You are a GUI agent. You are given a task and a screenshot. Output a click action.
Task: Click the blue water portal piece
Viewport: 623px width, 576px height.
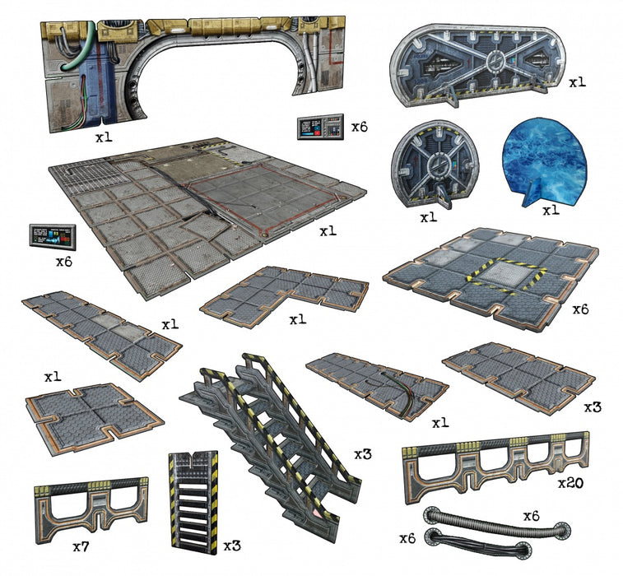pos(544,163)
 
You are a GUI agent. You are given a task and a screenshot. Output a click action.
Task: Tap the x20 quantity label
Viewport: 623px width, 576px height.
pos(570,483)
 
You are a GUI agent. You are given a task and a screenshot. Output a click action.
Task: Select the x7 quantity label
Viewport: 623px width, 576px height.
pos(81,546)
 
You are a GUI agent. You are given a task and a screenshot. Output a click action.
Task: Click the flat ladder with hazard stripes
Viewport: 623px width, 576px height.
pos(194,502)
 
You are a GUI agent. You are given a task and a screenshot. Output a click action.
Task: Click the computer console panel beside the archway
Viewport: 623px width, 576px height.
pos(320,128)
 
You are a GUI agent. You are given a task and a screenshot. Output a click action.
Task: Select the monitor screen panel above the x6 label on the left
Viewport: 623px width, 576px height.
pos(53,237)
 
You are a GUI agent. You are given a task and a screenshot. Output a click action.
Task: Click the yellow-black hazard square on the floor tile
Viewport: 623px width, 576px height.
pos(502,276)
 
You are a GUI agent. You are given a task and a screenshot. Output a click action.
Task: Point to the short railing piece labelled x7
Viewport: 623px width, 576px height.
pos(91,509)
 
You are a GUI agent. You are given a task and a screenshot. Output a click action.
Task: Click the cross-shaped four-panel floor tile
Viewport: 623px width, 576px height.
pos(94,418)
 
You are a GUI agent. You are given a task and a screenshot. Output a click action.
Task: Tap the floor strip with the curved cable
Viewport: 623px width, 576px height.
pos(377,386)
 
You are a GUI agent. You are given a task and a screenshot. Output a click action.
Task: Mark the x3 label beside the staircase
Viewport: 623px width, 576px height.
pos(363,454)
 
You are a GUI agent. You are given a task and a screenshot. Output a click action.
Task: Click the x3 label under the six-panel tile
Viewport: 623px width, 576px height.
pos(593,407)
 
